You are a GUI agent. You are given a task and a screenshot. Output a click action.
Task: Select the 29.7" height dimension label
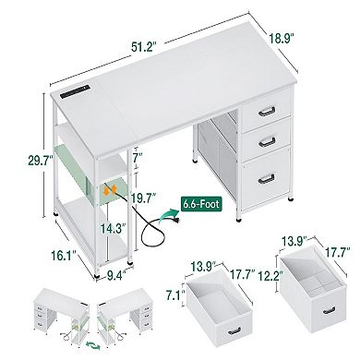[17, 160]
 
